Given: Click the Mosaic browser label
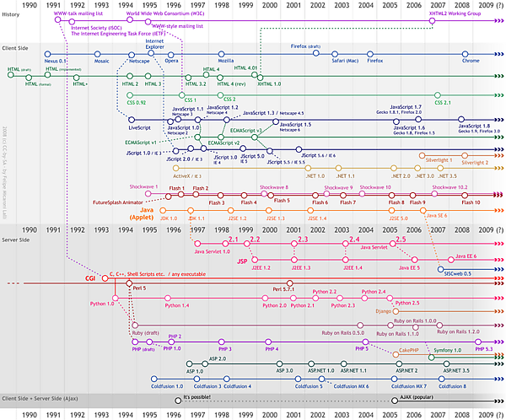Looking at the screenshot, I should pos(102,61).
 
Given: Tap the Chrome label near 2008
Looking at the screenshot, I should pos(471,61).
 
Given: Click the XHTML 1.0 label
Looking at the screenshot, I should pos(270,84).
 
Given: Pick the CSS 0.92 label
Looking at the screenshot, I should pos(137,102).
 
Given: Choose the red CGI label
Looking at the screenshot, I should pos(90,277).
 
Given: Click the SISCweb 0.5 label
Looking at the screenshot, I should pos(456,272).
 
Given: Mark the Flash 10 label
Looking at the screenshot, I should pos(471,203).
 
